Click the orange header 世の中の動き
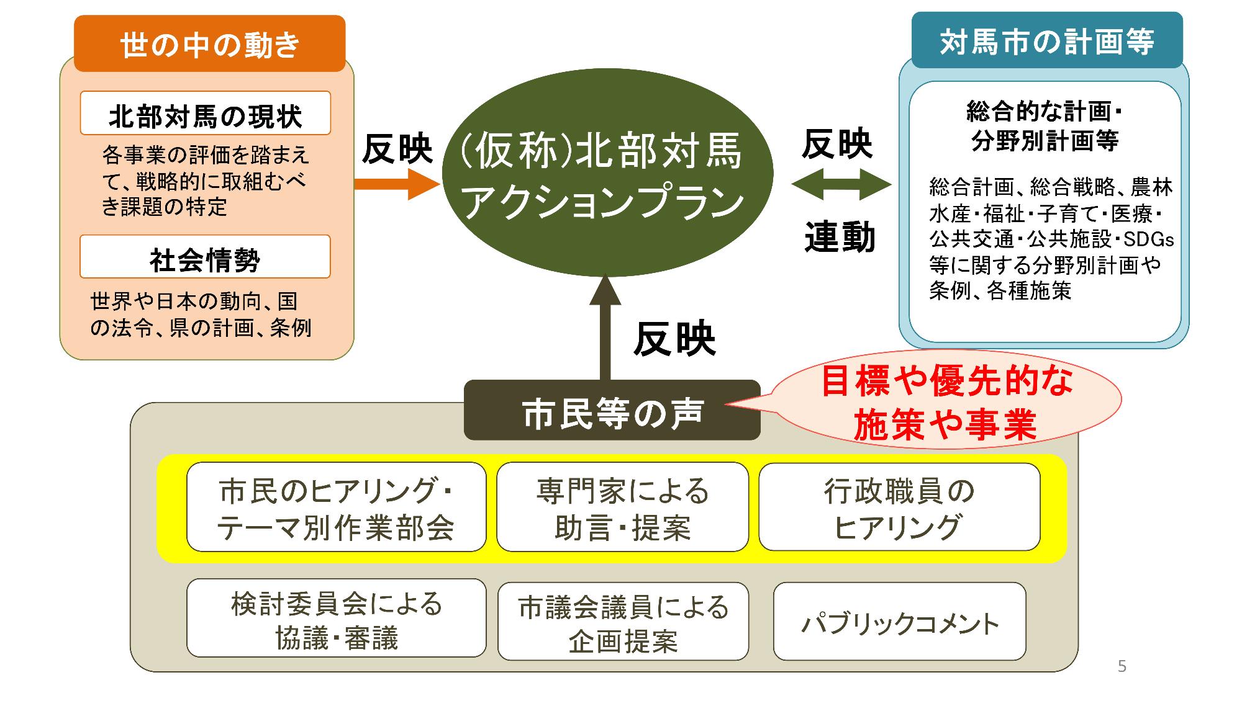tap(209, 43)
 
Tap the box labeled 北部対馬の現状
tap(205, 113)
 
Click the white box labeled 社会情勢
tap(205, 256)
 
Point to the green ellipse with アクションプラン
tap(607, 172)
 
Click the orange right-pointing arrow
tap(397, 183)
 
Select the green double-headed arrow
tap(841, 184)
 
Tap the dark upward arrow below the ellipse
tap(605, 327)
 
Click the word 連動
tap(840, 238)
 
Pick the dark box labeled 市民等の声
tap(612, 410)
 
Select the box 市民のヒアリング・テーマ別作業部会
tap(336, 507)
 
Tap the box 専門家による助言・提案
tap(622, 507)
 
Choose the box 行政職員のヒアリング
tap(899, 507)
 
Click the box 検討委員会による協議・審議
tap(336, 618)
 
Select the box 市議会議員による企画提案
tap(623, 621)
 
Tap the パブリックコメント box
tap(899, 621)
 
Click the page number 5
tap(1122, 666)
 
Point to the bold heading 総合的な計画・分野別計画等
tap(1045, 126)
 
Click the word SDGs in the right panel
tap(1148, 239)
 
